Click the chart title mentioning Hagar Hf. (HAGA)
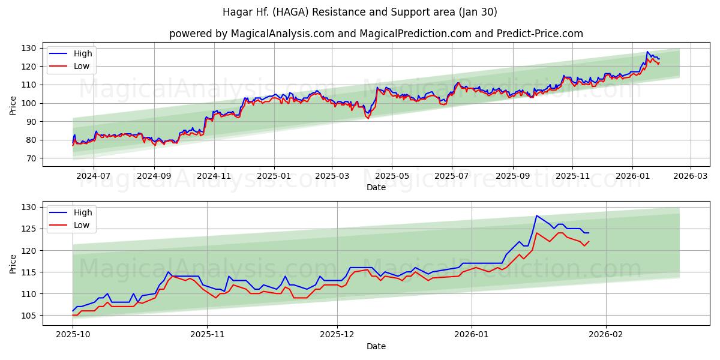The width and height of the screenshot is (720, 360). coord(359,12)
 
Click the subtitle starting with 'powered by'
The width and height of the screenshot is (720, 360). coord(376,34)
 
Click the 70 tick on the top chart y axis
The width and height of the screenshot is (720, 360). coord(32,158)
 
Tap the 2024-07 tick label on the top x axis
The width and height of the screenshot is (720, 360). coord(94,176)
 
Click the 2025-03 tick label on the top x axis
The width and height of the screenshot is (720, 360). coord(332,176)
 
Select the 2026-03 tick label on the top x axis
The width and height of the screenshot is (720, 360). coord(690,176)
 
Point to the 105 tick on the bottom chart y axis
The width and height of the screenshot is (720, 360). coord(29,316)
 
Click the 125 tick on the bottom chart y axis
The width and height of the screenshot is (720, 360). coord(29,229)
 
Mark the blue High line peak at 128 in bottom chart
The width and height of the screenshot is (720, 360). coord(537,215)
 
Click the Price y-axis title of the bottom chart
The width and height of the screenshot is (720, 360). coord(13,263)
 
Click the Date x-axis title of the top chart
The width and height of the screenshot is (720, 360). coord(376,187)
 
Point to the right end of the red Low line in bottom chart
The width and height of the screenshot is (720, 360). coord(589,241)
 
